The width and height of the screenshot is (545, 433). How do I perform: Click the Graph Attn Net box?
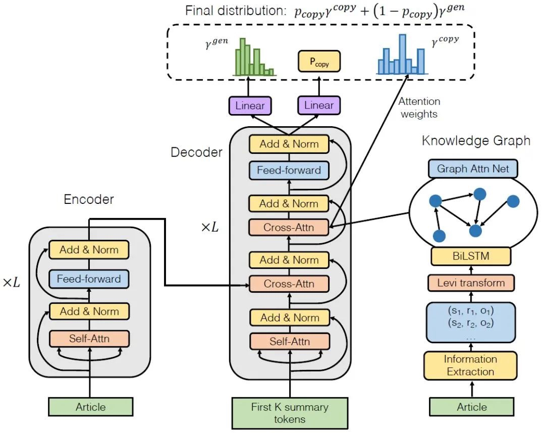coord(472,169)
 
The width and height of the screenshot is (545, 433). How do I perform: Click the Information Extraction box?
coord(470,365)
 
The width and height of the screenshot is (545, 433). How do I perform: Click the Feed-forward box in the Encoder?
coord(89,279)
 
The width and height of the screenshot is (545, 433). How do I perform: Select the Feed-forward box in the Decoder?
coord(289,170)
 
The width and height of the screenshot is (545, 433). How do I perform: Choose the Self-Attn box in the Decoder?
coord(289,342)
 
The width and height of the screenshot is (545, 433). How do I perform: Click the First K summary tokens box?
coord(289,413)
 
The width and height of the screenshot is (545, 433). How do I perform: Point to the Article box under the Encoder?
coord(91,407)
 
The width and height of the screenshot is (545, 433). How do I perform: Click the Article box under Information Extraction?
coord(472,407)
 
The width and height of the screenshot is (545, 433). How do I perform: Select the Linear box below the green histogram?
coord(250,105)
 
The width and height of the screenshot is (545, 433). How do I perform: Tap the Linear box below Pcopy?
coord(319,105)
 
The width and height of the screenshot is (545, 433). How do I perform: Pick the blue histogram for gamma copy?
coord(402,56)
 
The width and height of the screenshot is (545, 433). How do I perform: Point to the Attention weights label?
coord(419,108)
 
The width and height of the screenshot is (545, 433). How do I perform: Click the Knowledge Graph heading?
coord(476,141)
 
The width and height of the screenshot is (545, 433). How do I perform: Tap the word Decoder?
coord(196,152)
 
